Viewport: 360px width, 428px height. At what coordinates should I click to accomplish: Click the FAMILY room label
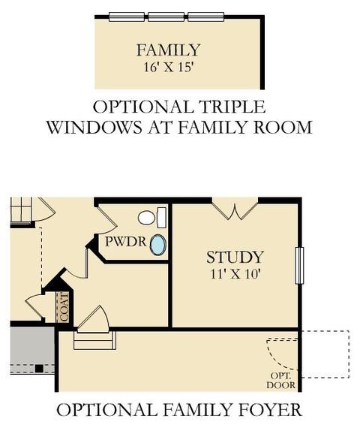[x=168, y=50]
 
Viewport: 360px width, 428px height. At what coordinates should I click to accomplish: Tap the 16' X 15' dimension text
[x=168, y=67]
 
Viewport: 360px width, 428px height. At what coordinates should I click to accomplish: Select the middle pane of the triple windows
[x=166, y=17]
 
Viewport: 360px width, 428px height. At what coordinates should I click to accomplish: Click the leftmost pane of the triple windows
[x=127, y=17]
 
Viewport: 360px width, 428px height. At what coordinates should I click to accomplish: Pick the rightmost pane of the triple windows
[x=206, y=17]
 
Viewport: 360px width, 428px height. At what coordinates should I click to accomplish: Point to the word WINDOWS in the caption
[x=94, y=127]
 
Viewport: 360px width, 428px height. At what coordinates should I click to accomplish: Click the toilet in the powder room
[x=152, y=218]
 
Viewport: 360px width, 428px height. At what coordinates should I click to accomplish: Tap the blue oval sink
[x=158, y=245]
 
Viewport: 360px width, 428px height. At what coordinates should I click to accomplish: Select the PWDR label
[x=126, y=242]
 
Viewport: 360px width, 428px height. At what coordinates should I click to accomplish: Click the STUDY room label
[x=235, y=257]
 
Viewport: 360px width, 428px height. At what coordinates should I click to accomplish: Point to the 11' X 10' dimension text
[x=235, y=274]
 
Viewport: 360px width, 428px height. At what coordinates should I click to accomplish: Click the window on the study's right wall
[x=299, y=266]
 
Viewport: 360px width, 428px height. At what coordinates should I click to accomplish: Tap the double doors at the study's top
[x=235, y=209]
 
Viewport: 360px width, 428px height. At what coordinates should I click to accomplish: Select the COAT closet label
[x=64, y=307]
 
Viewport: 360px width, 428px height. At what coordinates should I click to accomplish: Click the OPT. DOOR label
[x=281, y=381]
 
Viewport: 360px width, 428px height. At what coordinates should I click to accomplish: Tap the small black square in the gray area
[x=39, y=369]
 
